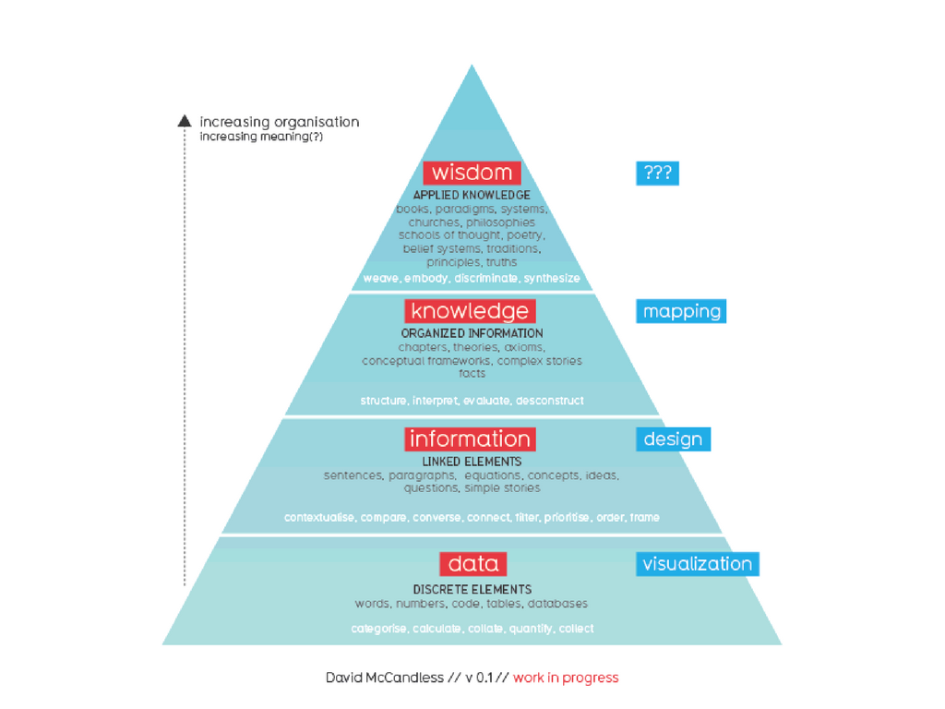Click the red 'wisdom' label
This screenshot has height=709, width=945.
(472, 173)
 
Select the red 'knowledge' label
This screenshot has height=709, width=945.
(470, 311)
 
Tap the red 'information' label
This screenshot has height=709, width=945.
(470, 439)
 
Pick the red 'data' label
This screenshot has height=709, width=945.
(472, 563)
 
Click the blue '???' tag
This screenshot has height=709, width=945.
(657, 173)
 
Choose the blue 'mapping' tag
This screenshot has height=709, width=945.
(681, 311)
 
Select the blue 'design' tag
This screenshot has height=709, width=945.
(673, 439)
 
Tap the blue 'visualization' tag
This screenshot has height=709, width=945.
(697, 563)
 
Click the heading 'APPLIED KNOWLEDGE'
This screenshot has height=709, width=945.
(472, 196)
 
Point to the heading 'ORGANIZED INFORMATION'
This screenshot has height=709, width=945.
(472, 333)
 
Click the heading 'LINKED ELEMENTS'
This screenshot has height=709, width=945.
(472, 462)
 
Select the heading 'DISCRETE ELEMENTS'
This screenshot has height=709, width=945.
(472, 589)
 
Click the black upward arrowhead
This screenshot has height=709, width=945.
(185, 121)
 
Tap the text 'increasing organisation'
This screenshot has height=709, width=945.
(280, 122)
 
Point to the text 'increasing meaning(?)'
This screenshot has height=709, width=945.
(261, 138)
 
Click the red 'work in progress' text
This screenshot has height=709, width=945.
(566, 678)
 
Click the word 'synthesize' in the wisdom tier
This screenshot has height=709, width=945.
(552, 278)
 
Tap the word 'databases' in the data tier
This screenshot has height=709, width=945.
(557, 604)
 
